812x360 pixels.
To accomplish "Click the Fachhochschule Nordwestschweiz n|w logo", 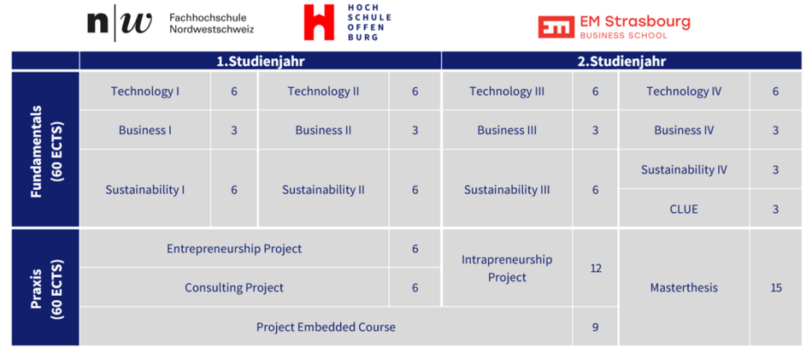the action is pyautogui.click(x=120, y=23).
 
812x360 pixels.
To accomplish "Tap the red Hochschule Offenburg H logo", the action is pyautogui.click(x=319, y=22).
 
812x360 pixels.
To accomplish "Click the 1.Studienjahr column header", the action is pyautogui.click(x=260, y=61).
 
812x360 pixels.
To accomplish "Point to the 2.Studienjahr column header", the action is pyautogui.click(x=621, y=61).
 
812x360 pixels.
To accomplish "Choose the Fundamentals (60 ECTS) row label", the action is pyautogui.click(x=45, y=149).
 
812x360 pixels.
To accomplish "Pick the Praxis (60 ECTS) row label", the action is pyautogui.click(x=45, y=287).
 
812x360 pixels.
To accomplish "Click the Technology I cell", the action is pyautogui.click(x=145, y=91).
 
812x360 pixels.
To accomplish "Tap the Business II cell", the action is pyautogui.click(x=323, y=130).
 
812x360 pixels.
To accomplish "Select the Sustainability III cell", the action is pyautogui.click(x=507, y=190).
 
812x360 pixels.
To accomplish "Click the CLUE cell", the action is pyautogui.click(x=684, y=209).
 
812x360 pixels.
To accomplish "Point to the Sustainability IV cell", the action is pyautogui.click(x=684, y=169).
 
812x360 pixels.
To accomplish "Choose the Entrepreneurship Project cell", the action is pyautogui.click(x=234, y=249).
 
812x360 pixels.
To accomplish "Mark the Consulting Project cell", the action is pyautogui.click(x=234, y=287).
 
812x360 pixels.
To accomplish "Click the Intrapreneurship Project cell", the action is pyautogui.click(x=507, y=268).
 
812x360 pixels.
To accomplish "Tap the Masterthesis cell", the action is pyautogui.click(x=684, y=287).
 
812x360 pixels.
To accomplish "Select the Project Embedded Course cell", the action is pyautogui.click(x=326, y=327).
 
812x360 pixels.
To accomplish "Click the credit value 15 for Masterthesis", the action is pyautogui.click(x=776, y=287).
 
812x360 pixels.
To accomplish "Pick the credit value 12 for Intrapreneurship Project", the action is pyautogui.click(x=596, y=269).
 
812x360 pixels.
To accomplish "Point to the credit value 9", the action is pyautogui.click(x=596, y=328).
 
